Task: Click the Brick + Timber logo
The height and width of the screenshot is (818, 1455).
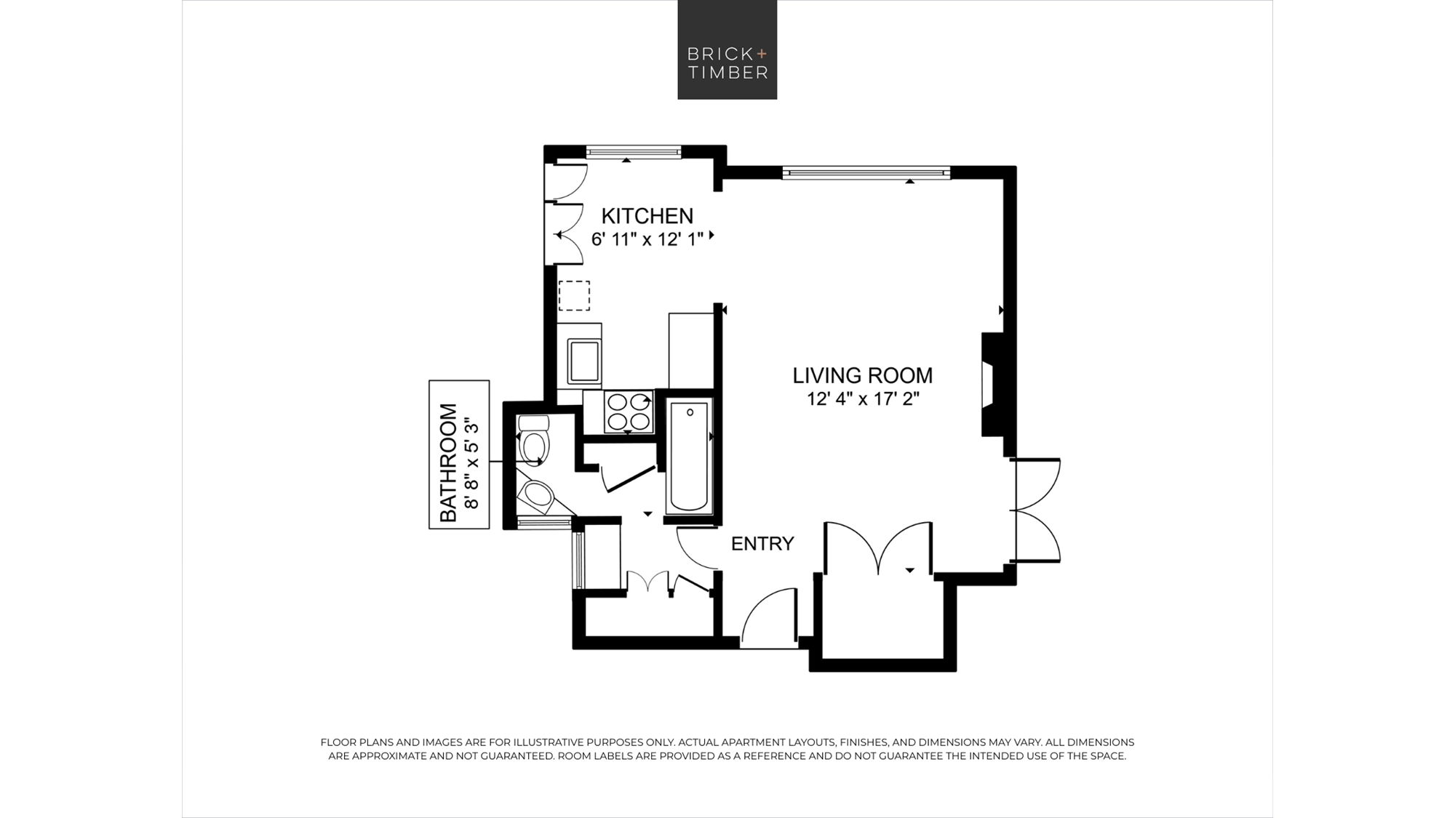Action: (x=727, y=49)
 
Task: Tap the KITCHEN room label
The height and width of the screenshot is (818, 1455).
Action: (x=647, y=216)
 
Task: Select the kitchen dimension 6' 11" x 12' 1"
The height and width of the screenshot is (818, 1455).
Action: (x=647, y=239)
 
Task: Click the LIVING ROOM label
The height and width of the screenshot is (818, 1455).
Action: (x=862, y=375)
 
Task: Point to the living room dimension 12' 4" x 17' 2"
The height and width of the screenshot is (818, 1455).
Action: (x=863, y=399)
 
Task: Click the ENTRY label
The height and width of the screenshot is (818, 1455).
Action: (x=762, y=544)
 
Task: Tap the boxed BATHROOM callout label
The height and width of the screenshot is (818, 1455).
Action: (x=459, y=454)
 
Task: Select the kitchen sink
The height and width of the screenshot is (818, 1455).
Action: (x=584, y=361)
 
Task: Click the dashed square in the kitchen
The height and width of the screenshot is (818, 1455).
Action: (x=574, y=296)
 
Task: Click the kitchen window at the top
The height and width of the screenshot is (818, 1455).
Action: (x=634, y=152)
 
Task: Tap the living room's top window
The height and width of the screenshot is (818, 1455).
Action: (x=866, y=172)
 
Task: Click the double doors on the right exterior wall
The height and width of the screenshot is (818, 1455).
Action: (x=1037, y=510)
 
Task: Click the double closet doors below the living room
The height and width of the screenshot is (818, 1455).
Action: (x=879, y=545)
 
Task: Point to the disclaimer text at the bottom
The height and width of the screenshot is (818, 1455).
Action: (x=727, y=749)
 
